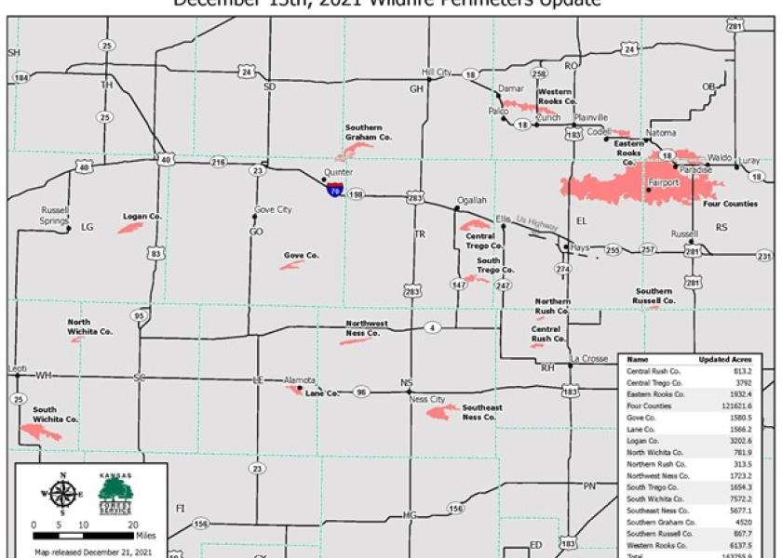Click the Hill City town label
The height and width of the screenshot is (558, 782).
tap(436, 72)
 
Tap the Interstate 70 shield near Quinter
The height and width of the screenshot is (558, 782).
tap(333, 189)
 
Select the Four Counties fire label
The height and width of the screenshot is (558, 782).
tap(730, 204)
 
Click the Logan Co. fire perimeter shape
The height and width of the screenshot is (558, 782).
tap(129, 227)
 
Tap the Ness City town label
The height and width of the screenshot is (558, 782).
tap(427, 400)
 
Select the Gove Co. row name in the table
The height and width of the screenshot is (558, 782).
tap(642, 418)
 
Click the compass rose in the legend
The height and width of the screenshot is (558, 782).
tap(61, 494)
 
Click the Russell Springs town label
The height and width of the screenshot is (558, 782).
tap(55, 216)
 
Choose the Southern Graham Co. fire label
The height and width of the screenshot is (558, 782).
tap(369, 131)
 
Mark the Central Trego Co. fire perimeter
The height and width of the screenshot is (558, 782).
tap(474, 225)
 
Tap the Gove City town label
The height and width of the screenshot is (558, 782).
tap(272, 209)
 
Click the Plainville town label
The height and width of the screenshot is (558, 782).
tap(590, 117)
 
